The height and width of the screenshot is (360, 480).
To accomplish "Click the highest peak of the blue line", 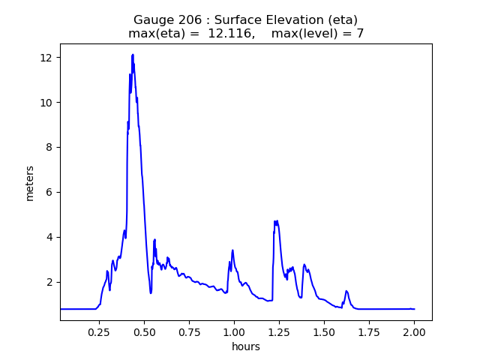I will [x=132, y=55].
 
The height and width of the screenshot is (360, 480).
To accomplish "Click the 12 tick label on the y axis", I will [x=46, y=58].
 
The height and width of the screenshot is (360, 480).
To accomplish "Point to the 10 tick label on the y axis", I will [x=46, y=103].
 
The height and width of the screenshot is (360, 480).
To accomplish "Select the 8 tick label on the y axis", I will [x=49, y=148].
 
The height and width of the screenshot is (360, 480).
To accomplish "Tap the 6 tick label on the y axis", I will [x=49, y=193].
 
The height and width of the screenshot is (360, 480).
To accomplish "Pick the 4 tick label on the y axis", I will [x=49, y=238].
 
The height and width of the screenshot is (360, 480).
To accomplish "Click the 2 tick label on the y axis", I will [x=49, y=283].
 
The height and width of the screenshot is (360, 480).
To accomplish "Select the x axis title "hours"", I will [x=245, y=346].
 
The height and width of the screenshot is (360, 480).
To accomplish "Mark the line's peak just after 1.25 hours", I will [x=276, y=221].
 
